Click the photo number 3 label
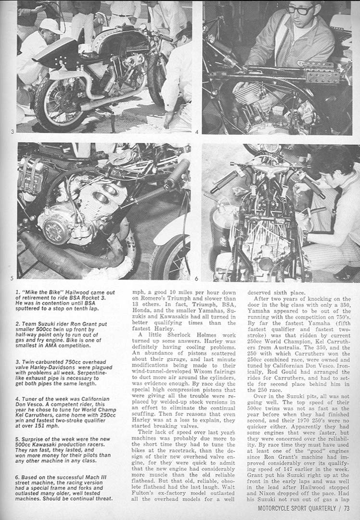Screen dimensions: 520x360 pyautogui.click(x=12, y=131)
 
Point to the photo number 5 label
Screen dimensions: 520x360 pyautogui.click(x=12, y=278)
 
